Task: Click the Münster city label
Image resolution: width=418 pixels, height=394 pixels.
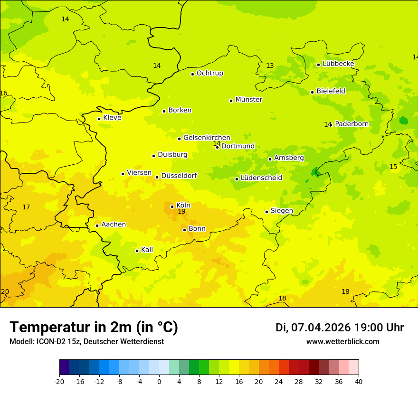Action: point(248,100)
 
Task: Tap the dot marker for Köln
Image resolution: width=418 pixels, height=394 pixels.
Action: point(172,206)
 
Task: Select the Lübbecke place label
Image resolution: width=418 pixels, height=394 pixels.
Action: point(338,64)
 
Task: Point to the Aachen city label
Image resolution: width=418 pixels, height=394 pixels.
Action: point(114,225)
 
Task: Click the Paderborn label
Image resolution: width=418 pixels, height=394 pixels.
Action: point(351,124)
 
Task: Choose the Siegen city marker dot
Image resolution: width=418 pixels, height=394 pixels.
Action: point(266,212)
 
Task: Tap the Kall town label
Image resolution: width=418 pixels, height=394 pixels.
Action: point(147,250)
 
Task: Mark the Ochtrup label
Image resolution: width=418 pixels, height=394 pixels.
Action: point(209,73)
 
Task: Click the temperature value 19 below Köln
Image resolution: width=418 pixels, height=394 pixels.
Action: point(181,211)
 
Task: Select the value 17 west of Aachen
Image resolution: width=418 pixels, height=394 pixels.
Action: point(26,207)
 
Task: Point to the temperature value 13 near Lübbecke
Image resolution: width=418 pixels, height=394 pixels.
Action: point(270,66)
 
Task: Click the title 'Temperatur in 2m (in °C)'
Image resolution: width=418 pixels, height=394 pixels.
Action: point(94,328)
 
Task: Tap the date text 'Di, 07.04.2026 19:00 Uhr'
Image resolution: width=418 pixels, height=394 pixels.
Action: point(339,328)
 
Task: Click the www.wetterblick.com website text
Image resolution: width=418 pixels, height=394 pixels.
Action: point(342,342)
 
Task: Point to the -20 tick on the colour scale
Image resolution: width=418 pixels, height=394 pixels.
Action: point(59,382)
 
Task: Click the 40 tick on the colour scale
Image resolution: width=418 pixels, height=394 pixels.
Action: point(359,382)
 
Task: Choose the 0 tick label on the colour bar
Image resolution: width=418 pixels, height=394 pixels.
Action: point(159,382)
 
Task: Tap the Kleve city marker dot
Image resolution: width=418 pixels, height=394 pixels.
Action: point(99,119)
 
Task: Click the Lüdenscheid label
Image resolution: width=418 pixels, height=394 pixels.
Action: point(261,178)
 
